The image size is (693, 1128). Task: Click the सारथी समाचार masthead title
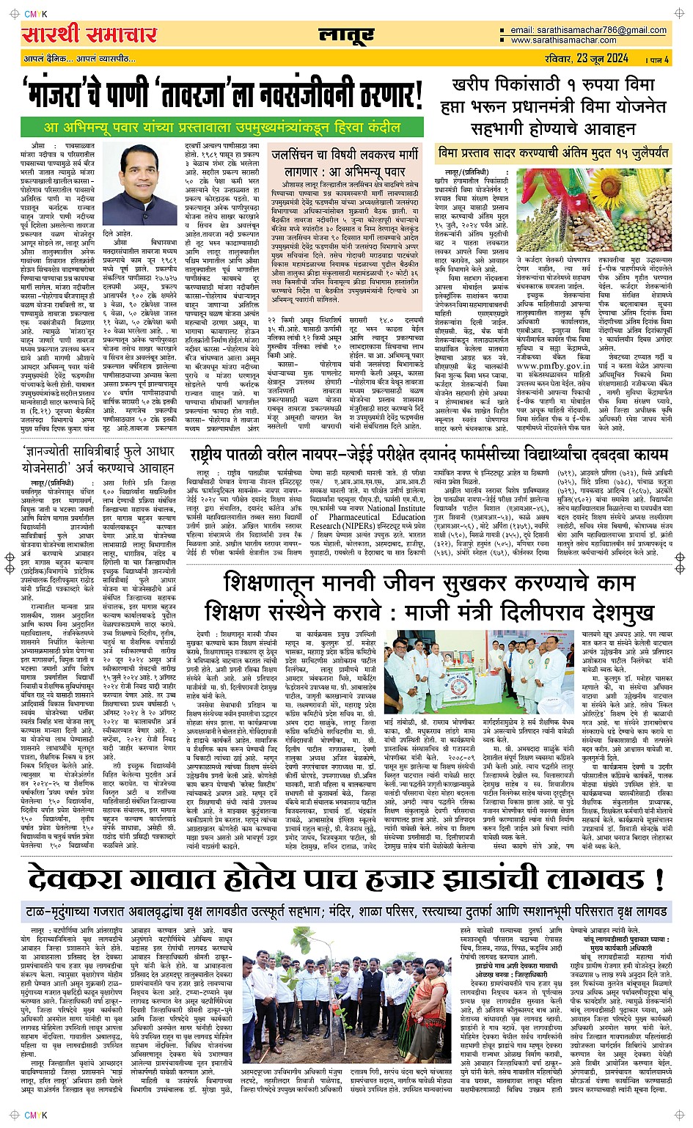[89, 34]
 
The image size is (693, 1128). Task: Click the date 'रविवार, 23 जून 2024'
[593, 59]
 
